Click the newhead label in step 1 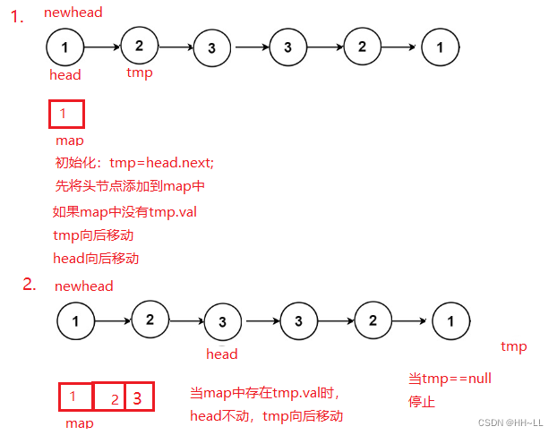coord(73,13)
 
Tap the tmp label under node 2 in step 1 coord(139,72)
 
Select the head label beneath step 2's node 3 coord(221,354)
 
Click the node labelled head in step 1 coord(64,46)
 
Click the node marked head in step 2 coord(222,320)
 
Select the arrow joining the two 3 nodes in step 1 coord(247,46)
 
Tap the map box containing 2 coord(108,398)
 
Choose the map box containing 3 coord(139,397)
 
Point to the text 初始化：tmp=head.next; coord(134,163)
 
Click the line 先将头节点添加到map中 coord(130,186)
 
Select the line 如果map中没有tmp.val coord(124,212)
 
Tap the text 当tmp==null coord(450,379)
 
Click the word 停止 coord(422,402)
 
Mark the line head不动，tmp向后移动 coord(266,416)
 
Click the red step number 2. coord(29,285)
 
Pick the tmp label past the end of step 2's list coord(513,346)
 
